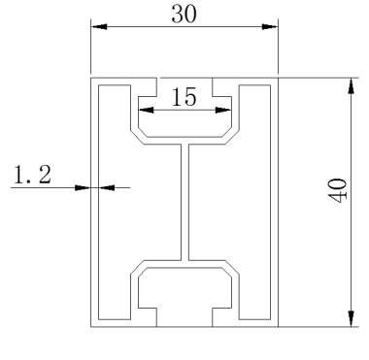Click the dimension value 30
pos(184,15)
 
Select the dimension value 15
pos(184,97)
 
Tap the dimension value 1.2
pos(32,175)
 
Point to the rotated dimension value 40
pos(338,191)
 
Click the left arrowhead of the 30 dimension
pos(99,26)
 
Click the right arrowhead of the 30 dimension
pos(270,26)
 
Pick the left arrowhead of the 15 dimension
pos(147,111)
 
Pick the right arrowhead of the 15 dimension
pos(223,111)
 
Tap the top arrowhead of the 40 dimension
pos(352,86)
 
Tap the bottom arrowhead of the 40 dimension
pos(352,318)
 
